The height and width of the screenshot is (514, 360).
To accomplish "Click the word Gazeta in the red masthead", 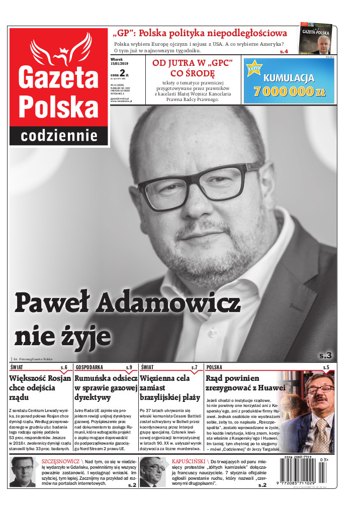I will tap(58, 77).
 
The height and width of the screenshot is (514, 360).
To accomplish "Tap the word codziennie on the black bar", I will tap(59, 136).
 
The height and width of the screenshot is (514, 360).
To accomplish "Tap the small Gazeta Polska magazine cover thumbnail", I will tap(318, 38).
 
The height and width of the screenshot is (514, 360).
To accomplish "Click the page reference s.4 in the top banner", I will tap(284, 51).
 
